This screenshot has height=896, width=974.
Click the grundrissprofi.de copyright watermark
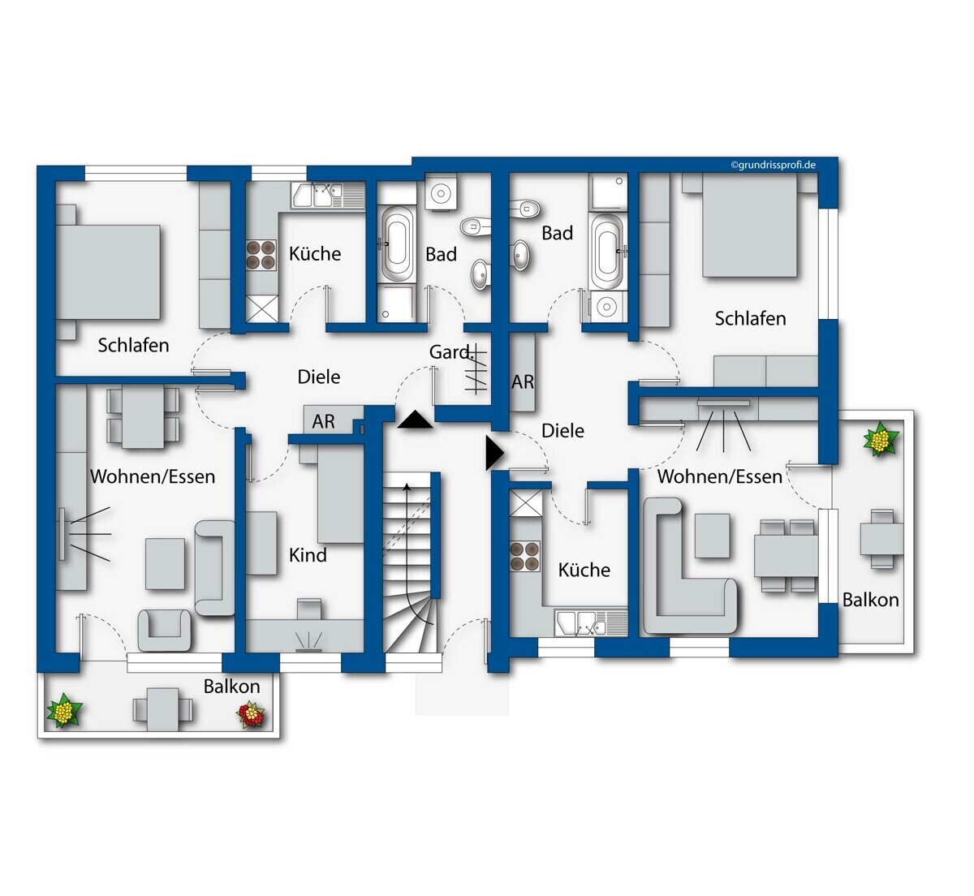[x=774, y=165]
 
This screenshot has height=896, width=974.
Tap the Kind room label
[x=308, y=555]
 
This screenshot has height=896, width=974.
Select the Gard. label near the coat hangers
[x=449, y=352]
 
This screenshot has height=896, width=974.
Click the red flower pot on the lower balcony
[x=251, y=714]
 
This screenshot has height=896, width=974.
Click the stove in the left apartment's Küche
[x=261, y=255]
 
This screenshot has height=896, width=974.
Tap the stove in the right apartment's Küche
[x=525, y=556]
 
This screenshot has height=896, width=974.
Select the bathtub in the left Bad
[x=396, y=243]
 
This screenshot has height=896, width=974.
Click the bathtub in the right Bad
[x=607, y=252]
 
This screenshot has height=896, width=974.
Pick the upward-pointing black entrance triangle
[x=415, y=420]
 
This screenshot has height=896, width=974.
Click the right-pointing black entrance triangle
[x=495, y=453]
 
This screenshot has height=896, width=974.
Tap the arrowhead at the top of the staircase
[x=407, y=487]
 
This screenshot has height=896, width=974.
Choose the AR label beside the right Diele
[x=523, y=382]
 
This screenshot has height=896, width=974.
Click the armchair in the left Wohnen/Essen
[x=164, y=630]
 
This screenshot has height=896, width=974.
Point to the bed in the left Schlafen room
[x=108, y=272]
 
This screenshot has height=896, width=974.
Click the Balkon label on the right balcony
[x=871, y=601]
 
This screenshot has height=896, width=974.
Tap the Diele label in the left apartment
[x=318, y=377]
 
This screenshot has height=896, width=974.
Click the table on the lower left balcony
[x=163, y=710]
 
